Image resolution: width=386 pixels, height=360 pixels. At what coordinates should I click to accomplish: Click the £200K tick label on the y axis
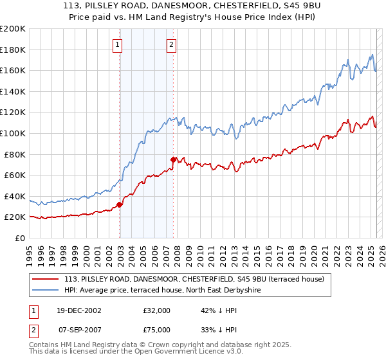pos(13,29)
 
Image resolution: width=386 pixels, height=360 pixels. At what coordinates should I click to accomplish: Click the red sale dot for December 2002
pos(120,204)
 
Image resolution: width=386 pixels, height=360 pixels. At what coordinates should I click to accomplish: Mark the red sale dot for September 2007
pos(173,159)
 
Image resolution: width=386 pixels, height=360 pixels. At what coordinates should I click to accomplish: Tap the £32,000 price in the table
pos(157,310)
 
